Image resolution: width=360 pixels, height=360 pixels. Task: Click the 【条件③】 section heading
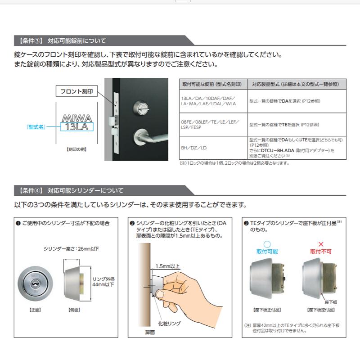63,41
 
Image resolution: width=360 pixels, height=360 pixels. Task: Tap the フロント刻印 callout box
76,91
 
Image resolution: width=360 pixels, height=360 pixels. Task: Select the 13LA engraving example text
76,127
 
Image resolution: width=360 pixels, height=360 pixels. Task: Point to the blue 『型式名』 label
36,127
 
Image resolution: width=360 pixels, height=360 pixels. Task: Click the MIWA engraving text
76,118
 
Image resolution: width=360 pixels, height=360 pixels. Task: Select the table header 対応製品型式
296,84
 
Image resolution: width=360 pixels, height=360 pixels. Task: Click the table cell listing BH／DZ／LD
194,147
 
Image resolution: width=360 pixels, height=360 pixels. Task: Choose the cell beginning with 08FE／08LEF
210,125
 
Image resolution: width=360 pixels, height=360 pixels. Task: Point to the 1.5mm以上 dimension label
167,266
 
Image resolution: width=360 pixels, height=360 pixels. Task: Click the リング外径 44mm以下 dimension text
103,282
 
